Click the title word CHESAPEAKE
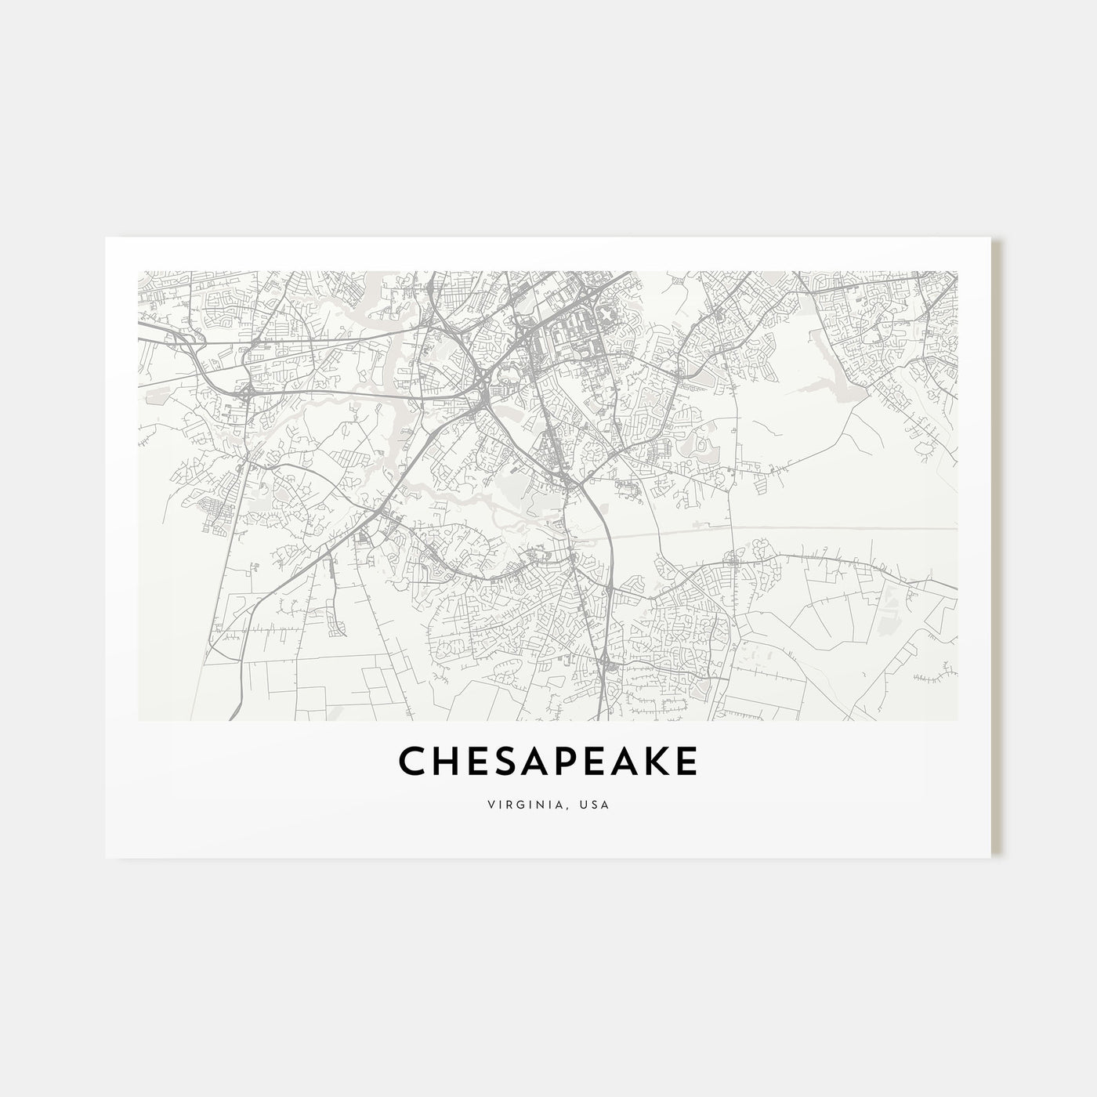tap(548, 761)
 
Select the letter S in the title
tap(506, 761)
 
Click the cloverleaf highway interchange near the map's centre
tap(480, 404)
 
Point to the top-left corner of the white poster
tap(106, 238)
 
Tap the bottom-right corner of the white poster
tap(991, 857)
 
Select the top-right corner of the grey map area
tap(957, 272)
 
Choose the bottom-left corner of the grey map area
tap(139, 720)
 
